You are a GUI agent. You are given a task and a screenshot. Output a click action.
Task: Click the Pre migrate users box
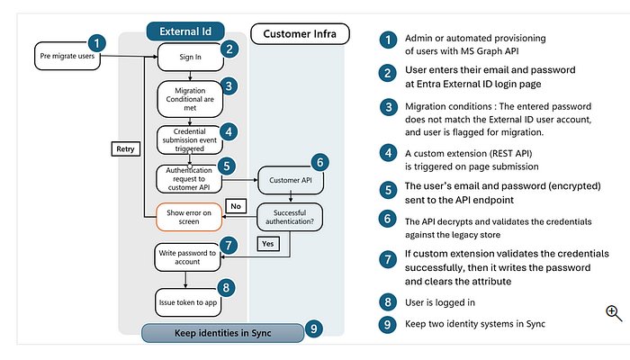[66, 56]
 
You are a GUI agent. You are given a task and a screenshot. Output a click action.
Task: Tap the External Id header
[184, 30]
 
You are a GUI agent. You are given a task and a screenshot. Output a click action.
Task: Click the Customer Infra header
[293, 34]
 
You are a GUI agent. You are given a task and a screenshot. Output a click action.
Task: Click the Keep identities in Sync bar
[218, 332]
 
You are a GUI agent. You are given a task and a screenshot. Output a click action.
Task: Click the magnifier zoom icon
[614, 313]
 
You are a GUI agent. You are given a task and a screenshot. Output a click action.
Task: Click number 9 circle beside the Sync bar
[311, 328]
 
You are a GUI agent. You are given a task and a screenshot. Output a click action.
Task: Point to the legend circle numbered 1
[387, 39]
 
